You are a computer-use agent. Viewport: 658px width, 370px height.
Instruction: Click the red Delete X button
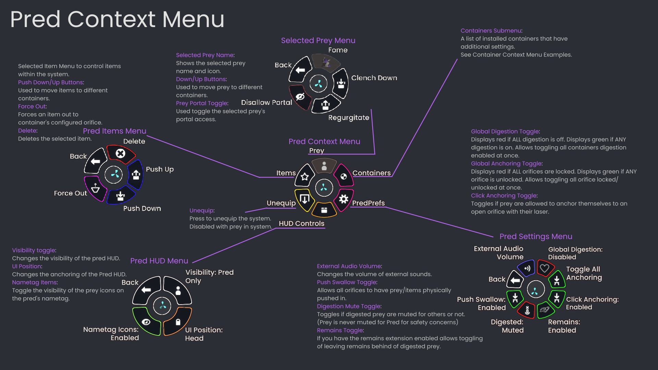120,153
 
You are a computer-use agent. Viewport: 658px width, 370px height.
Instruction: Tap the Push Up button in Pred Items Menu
136,175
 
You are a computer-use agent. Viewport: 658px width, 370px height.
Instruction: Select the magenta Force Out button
95,188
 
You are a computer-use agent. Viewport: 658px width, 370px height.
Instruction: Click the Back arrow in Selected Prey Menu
300,70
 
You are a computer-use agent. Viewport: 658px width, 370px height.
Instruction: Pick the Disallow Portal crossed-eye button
300,97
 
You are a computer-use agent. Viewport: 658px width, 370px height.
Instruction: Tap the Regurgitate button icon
326,105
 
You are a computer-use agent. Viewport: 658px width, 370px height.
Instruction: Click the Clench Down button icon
341,83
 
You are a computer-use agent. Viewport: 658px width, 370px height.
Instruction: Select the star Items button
305,177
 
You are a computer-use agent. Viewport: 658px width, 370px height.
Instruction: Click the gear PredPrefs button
343,199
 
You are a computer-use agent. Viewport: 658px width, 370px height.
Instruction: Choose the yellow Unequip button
304,199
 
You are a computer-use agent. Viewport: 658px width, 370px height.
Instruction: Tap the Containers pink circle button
343,176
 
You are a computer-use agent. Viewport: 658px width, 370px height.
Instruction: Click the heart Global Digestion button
545,268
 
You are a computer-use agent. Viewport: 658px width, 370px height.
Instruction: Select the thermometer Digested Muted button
527,310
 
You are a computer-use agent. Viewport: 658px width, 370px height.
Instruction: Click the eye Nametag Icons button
146,322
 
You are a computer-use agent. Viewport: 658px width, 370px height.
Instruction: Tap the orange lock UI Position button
178,322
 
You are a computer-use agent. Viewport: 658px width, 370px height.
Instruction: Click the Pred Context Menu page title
117,19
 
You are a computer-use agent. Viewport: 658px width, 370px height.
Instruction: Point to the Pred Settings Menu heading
536,236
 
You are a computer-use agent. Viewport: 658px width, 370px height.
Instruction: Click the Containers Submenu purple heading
491,30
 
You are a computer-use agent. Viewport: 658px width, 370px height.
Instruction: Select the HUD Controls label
301,223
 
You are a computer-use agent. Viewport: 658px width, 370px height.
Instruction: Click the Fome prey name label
338,50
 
